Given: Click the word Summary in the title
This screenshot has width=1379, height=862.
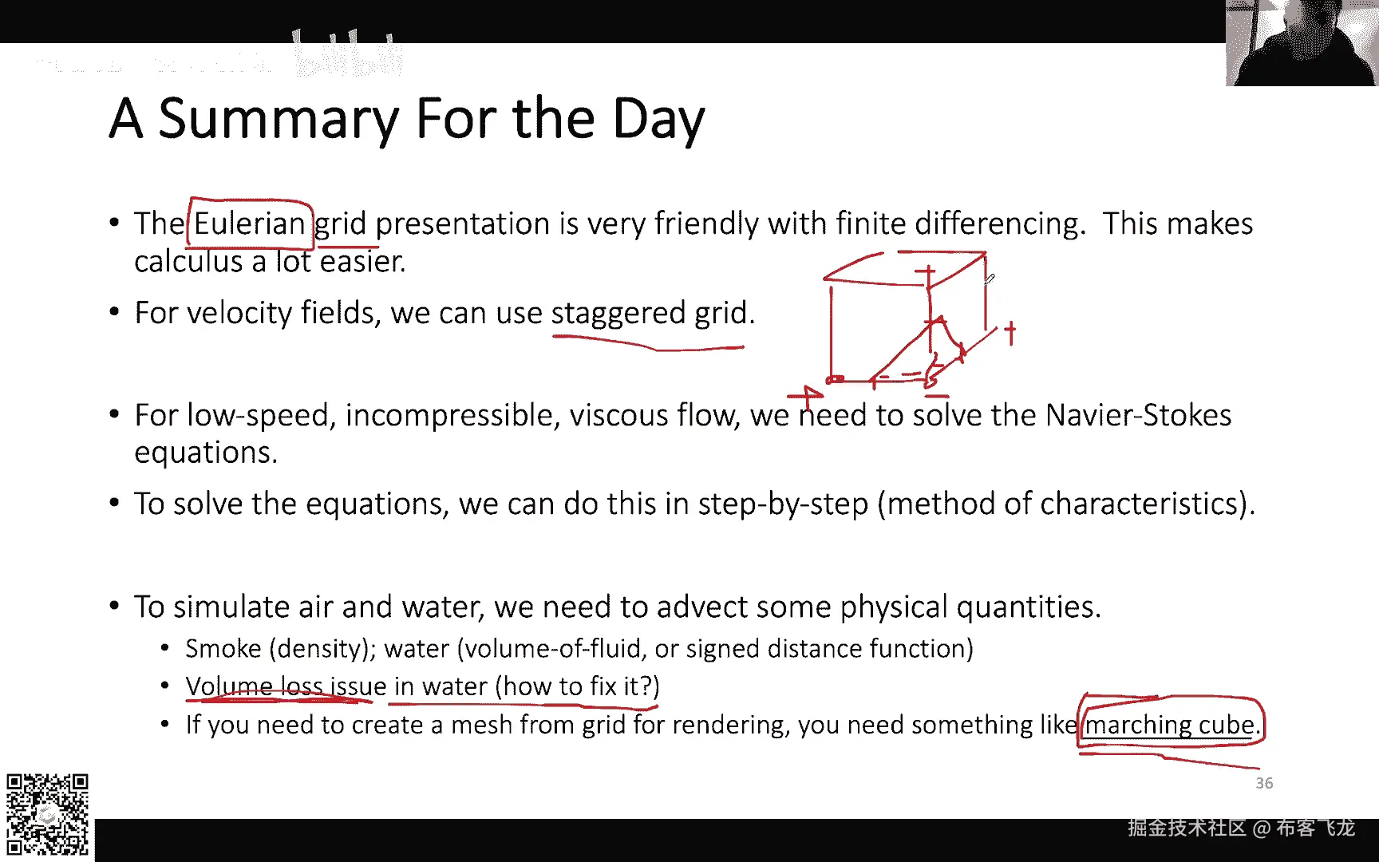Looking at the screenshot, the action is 278,120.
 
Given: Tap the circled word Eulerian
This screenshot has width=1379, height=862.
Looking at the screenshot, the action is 250,223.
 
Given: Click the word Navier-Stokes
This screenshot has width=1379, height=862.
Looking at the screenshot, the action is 1138,415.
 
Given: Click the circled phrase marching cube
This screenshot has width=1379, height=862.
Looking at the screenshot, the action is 1169,725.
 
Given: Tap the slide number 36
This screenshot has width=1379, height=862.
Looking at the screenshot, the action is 1264,783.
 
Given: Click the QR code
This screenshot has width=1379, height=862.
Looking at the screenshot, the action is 47,814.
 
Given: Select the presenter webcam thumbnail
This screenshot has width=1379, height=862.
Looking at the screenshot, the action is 1302,42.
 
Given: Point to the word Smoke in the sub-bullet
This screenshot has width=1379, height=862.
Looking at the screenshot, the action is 223,649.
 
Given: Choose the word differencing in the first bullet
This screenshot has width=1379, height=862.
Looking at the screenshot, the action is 1000,224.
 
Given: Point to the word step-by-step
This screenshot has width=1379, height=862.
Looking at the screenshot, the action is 783,504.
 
